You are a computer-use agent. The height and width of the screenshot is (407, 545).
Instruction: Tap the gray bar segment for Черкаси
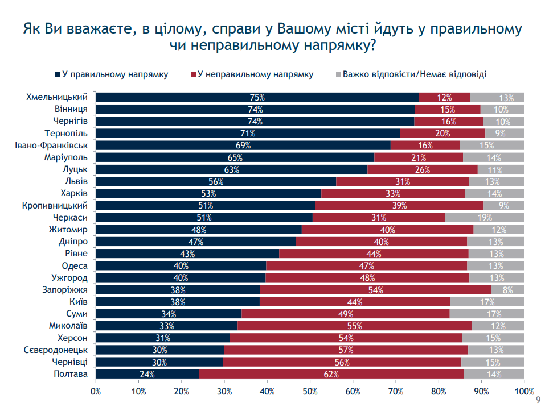point(484,218)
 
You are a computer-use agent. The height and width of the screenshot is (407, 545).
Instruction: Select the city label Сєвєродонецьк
point(55,350)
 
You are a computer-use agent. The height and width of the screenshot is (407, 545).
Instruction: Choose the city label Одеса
point(75,266)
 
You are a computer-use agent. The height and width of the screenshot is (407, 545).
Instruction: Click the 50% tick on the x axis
point(310,391)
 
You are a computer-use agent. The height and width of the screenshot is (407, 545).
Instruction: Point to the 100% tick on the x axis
point(524,391)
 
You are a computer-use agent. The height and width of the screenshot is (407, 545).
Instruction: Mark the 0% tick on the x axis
point(96,391)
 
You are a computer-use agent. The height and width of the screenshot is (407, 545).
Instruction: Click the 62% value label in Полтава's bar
point(331,375)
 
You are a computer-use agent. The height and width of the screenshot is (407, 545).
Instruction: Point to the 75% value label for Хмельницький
point(257,98)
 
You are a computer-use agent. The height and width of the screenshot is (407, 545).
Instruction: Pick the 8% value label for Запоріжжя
point(508,290)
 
